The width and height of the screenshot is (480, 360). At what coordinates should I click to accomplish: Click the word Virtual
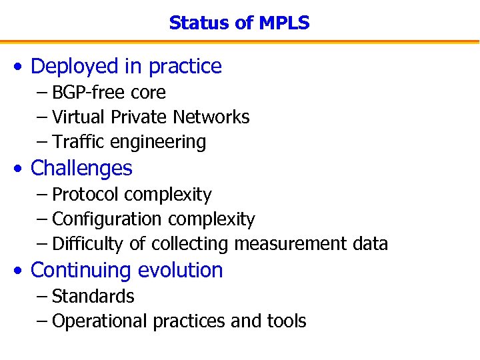pyautogui.click(x=79, y=117)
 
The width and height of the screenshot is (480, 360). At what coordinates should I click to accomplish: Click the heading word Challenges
pyautogui.click(x=81, y=168)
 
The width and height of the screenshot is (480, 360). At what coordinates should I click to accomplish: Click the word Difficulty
pyautogui.click(x=87, y=245)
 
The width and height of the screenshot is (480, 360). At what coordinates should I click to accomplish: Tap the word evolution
pyautogui.click(x=180, y=270)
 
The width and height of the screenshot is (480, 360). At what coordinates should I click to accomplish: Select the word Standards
pyautogui.click(x=93, y=296)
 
